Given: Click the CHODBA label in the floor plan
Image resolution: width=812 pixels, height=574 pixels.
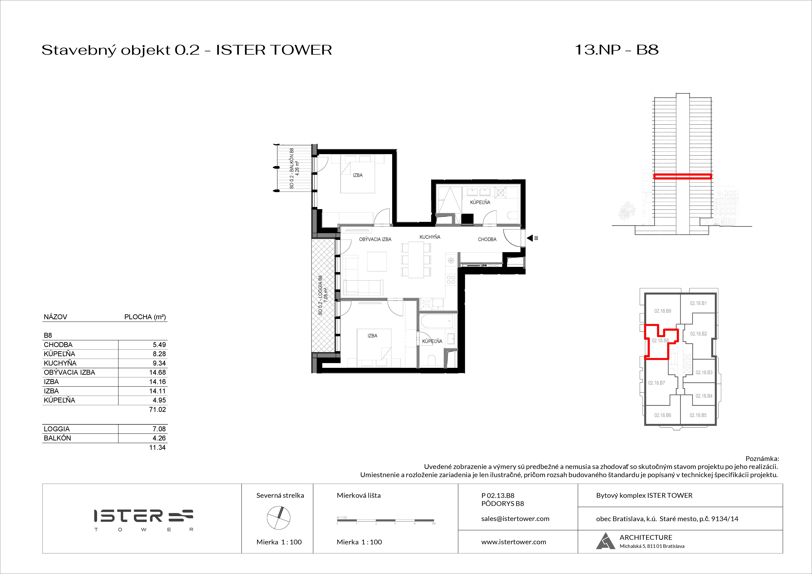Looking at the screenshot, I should pyautogui.click(x=487, y=239).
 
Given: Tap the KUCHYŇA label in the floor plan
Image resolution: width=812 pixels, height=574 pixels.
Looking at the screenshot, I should pyautogui.click(x=430, y=237).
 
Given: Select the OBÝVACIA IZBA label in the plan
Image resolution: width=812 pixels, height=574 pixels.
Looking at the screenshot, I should pyautogui.click(x=375, y=239).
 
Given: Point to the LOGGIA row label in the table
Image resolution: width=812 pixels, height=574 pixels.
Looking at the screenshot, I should pyautogui.click(x=57, y=429).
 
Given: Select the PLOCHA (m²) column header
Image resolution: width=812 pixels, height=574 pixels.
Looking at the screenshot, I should pyautogui.click(x=145, y=317).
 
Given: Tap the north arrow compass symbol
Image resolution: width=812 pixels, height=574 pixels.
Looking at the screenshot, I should pyautogui.click(x=279, y=518).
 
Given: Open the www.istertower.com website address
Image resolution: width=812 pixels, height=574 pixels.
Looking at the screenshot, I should pyautogui.click(x=513, y=542).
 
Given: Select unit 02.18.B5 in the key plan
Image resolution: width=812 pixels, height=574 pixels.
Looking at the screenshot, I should pyautogui.click(x=698, y=415).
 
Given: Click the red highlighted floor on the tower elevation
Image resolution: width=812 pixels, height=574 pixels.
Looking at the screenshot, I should pyautogui.click(x=682, y=176).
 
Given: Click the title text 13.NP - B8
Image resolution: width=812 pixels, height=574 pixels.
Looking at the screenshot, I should pyautogui.click(x=616, y=50).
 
